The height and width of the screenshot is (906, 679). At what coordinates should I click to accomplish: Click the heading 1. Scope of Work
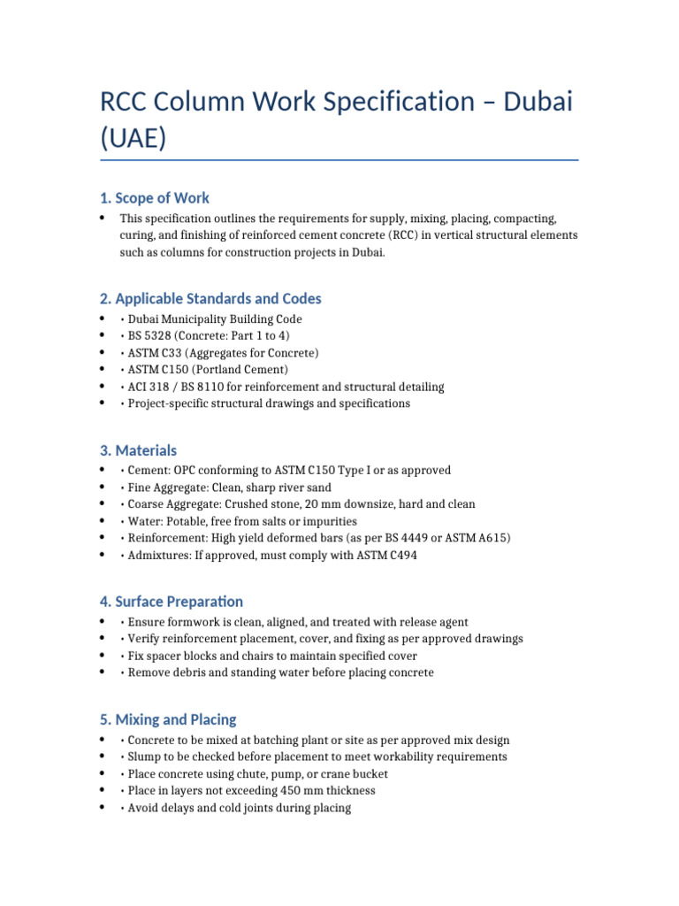pyautogui.click(x=155, y=197)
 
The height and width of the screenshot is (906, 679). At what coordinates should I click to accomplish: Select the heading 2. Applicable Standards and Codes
pyautogui.click(x=210, y=298)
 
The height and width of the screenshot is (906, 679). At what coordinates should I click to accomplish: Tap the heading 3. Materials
pyautogui.click(x=139, y=450)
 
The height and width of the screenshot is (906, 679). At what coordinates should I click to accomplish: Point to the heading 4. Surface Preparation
pyautogui.click(x=172, y=602)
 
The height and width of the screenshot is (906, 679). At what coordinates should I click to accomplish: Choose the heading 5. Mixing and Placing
pyautogui.click(x=168, y=719)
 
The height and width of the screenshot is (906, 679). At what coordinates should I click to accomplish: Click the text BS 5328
pyautogui.click(x=152, y=336)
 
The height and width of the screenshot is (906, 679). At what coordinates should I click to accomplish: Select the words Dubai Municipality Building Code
pyautogui.click(x=215, y=319)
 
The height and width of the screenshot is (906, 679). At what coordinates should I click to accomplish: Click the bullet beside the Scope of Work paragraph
pyautogui.click(x=103, y=219)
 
